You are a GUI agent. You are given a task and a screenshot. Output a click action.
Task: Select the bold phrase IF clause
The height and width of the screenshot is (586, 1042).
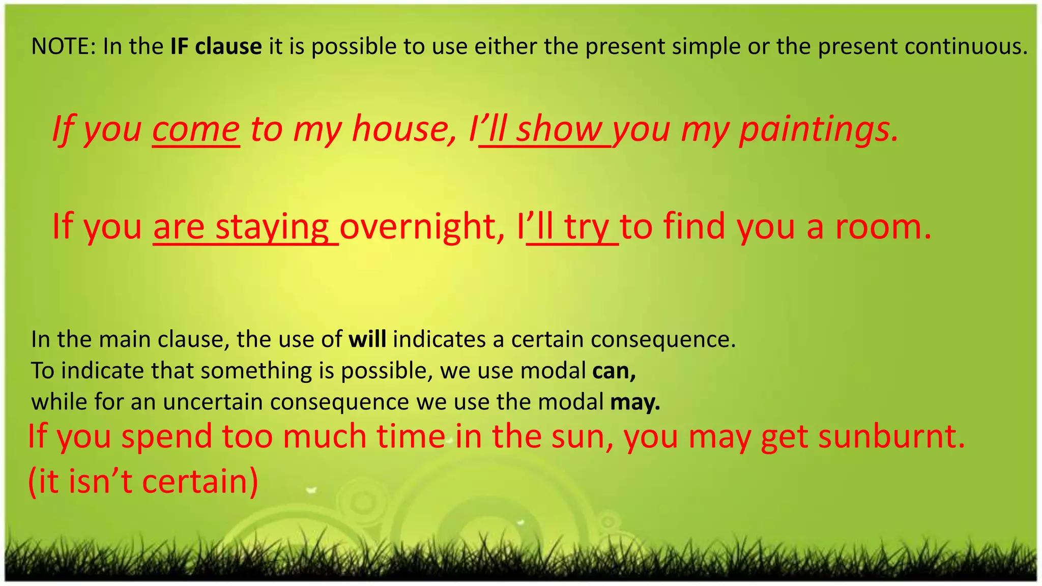pos(216,47)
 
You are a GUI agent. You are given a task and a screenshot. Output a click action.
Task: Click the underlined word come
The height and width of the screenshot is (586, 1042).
pos(196,130)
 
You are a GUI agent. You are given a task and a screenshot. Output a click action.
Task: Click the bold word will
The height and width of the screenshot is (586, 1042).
pos(367,339)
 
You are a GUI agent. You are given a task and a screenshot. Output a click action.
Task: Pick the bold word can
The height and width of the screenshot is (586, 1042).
pos(614,371)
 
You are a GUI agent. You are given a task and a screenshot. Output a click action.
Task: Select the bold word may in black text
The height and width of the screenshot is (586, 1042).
pos(634,402)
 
